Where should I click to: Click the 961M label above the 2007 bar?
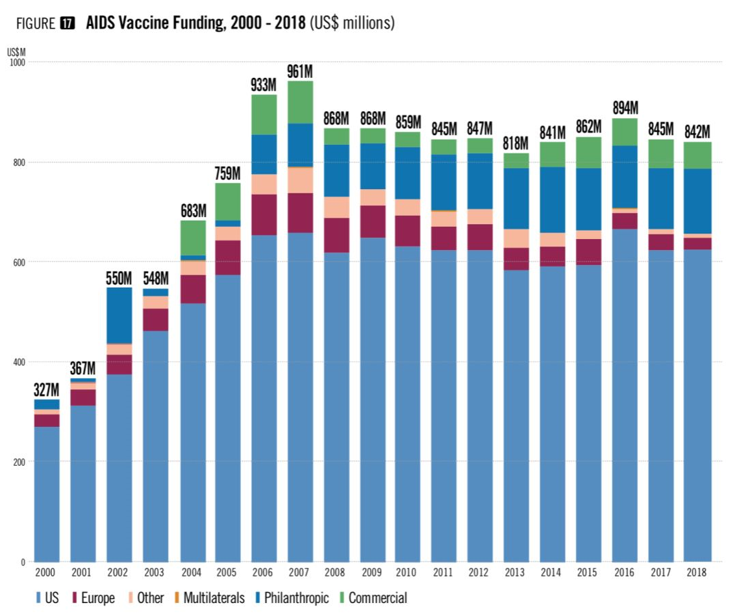tap(300, 71)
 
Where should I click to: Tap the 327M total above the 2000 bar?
tap(47, 390)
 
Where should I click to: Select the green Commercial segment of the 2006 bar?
tap(264, 114)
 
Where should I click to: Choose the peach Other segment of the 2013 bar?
tap(516, 238)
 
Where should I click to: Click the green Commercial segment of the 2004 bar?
tap(192, 238)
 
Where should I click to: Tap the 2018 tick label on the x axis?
tap(695, 572)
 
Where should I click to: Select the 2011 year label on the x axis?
tap(444, 572)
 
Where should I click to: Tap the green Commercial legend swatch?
tap(343, 598)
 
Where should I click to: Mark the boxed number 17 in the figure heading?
tap(68, 23)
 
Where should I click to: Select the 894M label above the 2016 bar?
tap(624, 108)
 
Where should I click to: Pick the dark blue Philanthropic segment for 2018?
tap(695, 201)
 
